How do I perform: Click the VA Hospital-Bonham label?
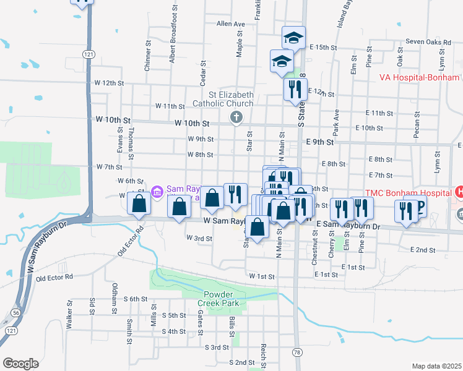click(420, 77)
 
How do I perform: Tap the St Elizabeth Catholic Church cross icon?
click(236, 117)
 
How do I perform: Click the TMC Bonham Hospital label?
click(407, 192)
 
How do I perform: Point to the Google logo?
click(20, 363)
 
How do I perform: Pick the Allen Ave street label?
click(231, 24)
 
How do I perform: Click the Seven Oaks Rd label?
click(427, 42)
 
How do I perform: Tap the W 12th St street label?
click(110, 82)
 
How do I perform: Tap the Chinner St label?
click(147, 56)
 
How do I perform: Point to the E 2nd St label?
click(423, 249)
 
